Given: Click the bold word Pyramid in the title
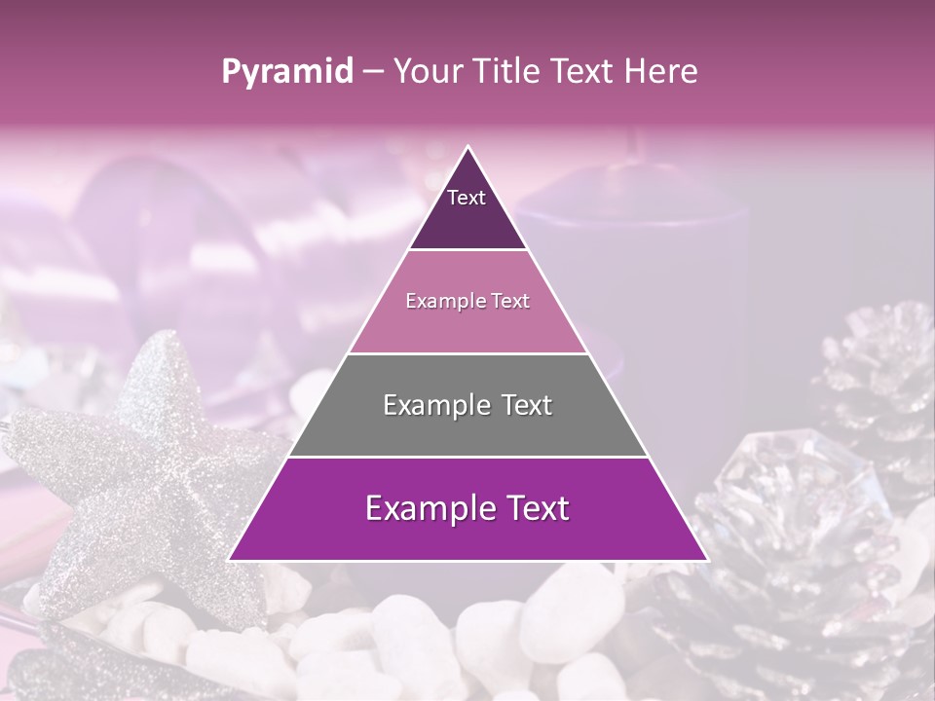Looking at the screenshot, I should coord(287,72).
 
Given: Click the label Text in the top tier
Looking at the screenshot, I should coord(467,198).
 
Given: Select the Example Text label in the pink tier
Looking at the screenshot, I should coord(467,302).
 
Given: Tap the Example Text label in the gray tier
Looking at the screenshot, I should coord(467,405).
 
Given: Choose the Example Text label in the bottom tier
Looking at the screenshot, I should coord(467,508).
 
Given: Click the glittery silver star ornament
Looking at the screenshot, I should coord(146,467).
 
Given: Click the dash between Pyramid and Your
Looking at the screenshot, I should coord(373,72).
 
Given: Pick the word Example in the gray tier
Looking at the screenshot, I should coord(430,405).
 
